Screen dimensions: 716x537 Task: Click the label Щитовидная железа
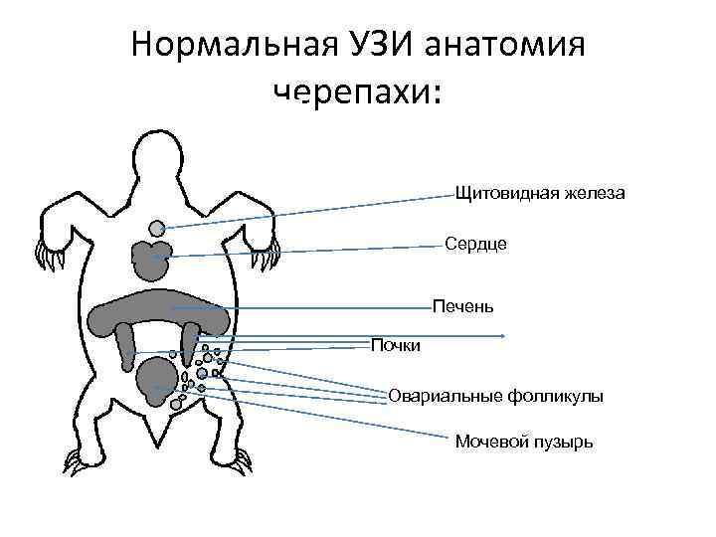539,193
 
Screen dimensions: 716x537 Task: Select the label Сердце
475,244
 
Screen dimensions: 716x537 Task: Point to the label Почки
396,345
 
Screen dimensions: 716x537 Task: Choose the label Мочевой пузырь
524,441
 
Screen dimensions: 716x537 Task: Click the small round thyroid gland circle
157,228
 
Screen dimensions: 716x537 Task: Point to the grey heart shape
151,259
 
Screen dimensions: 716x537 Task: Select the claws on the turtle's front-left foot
46,259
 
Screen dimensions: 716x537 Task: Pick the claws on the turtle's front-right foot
268,258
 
